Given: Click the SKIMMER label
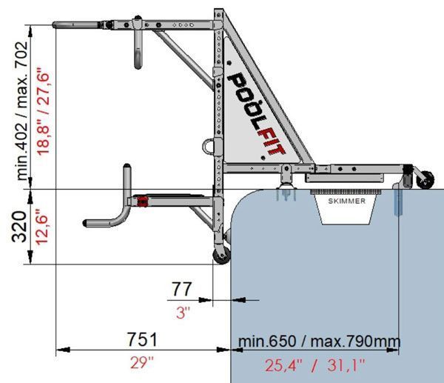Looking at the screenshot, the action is [346, 201].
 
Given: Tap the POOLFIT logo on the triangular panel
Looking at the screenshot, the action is [256, 113].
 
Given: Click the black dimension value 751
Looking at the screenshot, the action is [142, 339].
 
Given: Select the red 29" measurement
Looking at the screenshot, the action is [141, 362].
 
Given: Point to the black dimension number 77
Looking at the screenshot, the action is [182, 289].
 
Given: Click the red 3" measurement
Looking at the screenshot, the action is [183, 313].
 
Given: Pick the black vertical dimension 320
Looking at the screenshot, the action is [20, 226].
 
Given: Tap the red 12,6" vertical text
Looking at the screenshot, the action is [42, 227].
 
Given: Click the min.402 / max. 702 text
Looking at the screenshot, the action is [22, 111].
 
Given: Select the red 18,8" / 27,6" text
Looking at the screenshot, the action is [44, 111].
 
